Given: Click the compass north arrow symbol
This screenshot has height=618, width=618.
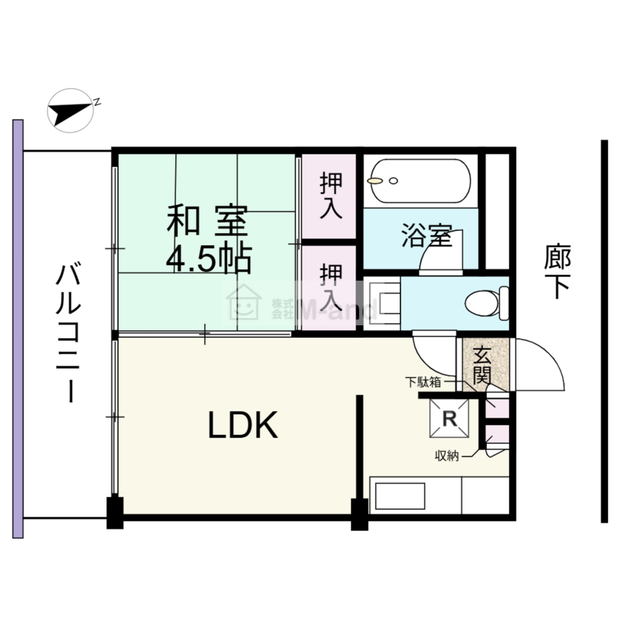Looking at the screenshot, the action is [x=70, y=111].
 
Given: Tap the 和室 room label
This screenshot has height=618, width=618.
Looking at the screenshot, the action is [x=208, y=221].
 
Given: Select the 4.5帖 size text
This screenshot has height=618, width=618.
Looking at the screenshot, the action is [x=209, y=259].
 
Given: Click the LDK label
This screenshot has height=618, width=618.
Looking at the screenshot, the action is [x=243, y=425].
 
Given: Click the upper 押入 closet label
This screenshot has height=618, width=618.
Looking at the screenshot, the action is [x=331, y=195].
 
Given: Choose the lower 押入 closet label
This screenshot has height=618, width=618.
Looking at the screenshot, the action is [x=331, y=287].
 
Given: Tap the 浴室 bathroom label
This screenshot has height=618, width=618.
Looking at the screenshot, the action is [x=427, y=235].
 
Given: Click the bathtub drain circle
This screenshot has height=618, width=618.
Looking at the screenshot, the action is [x=393, y=181].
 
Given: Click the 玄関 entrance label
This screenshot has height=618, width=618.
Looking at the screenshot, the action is [x=482, y=365].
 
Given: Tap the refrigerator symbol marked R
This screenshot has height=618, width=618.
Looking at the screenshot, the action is [x=449, y=419].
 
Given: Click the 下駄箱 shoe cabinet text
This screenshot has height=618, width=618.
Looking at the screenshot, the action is [x=423, y=382].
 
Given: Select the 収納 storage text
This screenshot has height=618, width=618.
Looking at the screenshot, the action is [x=447, y=456].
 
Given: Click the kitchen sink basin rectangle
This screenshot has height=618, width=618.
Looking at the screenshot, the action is [x=400, y=496].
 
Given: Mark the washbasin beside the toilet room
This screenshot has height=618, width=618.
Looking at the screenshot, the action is [x=381, y=303].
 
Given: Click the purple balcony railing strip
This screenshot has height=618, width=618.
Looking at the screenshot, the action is [x=18, y=329].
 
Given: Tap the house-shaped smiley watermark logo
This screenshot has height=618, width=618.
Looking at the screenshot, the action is [x=244, y=302].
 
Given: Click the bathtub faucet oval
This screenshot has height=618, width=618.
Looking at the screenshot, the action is [x=375, y=181].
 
